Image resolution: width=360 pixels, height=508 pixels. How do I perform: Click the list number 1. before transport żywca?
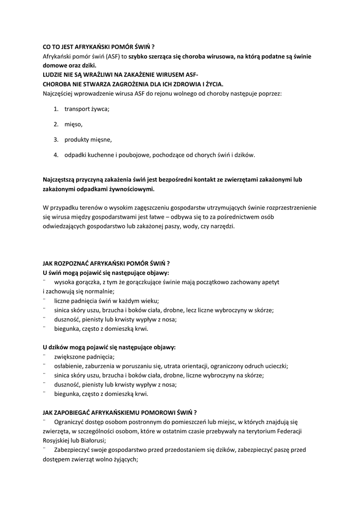coord(56,108)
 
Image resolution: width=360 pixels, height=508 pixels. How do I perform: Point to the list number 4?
coord(56,155)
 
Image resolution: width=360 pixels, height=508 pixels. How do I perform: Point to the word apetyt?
coord(269,282)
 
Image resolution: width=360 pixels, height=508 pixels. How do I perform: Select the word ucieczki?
coord(275,366)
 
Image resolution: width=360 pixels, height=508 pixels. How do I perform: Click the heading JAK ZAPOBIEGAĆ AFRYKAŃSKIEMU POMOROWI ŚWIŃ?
coord(120,412)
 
